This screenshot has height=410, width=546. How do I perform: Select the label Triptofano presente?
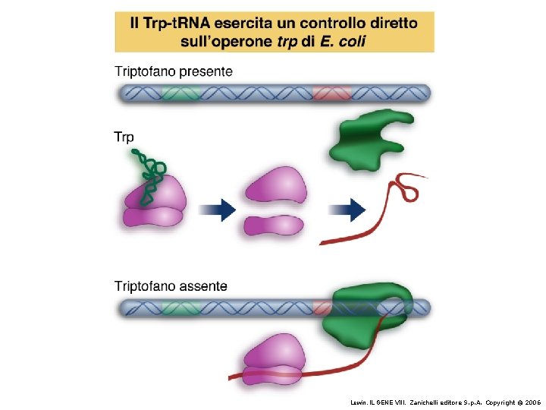coord(174,71)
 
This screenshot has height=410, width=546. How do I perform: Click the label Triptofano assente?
coord(171,286)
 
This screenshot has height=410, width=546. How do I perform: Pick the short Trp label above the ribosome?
coord(124,137)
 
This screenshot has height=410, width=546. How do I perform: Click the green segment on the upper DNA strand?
coord(180,93)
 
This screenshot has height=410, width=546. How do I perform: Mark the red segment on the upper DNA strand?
coord(331,93)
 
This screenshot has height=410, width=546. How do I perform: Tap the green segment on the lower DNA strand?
coord(180,308)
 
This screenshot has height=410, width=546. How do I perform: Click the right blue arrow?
coord(349,210)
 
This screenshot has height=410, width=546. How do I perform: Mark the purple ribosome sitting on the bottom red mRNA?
coord(274,359)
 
